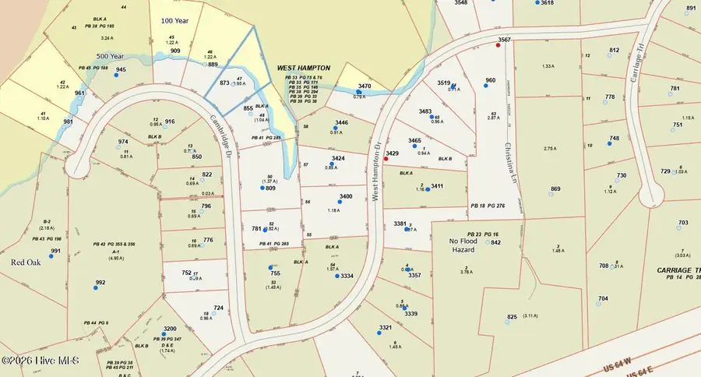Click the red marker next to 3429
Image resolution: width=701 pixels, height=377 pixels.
386,159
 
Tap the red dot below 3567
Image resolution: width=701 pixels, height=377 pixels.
498,45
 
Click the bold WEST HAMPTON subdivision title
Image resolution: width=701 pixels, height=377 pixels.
304,69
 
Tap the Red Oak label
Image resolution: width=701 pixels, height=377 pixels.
25,262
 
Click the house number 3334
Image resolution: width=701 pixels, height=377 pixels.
347,276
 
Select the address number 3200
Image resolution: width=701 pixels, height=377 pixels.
170,329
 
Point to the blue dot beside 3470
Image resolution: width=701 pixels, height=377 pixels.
358,92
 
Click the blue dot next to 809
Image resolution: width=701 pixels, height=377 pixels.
262,187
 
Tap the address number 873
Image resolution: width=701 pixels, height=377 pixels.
224,82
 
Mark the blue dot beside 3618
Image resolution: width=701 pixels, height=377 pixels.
537,2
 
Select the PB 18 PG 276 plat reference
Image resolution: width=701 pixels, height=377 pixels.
498,206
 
